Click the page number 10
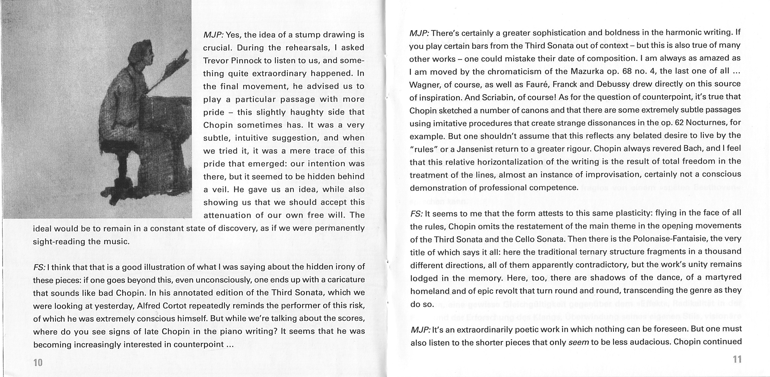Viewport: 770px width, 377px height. click(x=38, y=363)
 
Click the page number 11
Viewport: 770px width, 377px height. click(x=737, y=359)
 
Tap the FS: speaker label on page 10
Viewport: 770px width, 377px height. click(x=39, y=267)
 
